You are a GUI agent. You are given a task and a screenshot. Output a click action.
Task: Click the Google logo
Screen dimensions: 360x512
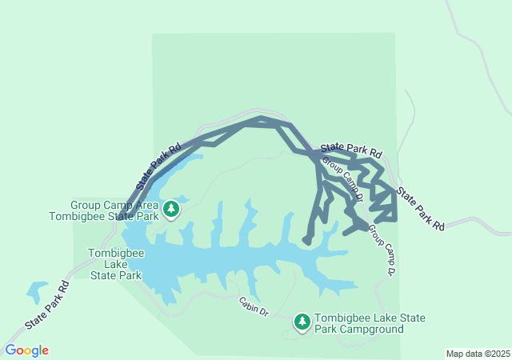point(27,350)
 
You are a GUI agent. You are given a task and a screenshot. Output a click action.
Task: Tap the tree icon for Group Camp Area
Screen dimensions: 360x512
point(171,210)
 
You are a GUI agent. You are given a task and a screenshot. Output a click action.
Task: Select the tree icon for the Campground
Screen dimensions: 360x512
point(302,322)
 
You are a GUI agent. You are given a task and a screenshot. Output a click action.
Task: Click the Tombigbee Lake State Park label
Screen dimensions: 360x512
point(115,263)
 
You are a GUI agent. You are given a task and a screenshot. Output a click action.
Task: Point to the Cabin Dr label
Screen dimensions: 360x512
point(252,306)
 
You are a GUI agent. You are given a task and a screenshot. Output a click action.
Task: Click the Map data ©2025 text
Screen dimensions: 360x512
point(477,354)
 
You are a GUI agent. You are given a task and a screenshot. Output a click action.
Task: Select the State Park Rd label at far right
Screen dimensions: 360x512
point(421,209)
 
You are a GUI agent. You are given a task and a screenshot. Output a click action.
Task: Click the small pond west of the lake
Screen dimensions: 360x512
point(37,292)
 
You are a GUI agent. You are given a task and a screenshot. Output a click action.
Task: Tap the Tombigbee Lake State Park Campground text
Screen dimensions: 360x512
point(370,323)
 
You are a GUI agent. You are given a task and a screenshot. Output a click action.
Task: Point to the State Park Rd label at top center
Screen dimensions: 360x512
point(351,150)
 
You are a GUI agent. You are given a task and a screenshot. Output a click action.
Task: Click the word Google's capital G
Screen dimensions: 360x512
point(11,350)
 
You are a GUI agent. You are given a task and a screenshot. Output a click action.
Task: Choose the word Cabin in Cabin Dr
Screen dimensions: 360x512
point(247,303)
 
